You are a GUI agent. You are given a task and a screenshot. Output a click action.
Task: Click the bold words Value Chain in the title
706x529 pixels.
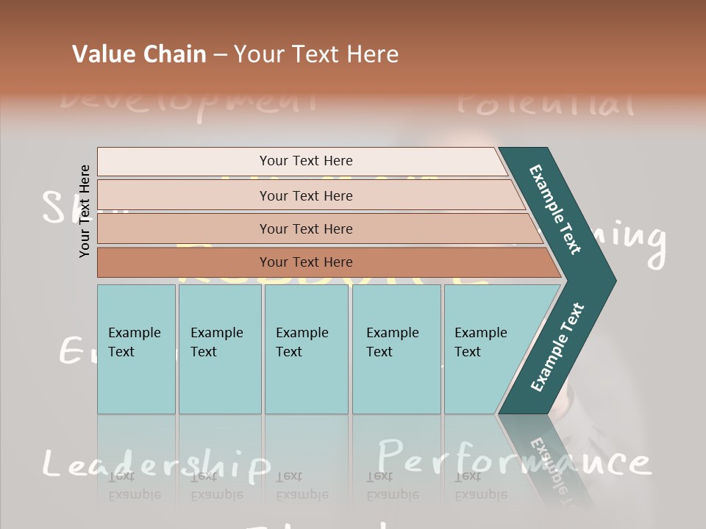[139, 54]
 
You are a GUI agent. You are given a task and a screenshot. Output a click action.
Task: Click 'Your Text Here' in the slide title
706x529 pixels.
[316, 54]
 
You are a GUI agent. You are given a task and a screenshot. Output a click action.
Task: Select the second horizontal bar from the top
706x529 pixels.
[306, 195]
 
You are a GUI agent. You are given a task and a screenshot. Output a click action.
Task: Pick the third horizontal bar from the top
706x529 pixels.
[306, 228]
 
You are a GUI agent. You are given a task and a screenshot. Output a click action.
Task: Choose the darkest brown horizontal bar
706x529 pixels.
[306, 262]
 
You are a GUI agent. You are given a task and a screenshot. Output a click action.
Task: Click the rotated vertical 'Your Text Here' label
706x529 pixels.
[85, 211]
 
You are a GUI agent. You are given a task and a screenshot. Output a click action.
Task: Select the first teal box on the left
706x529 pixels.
[136, 349]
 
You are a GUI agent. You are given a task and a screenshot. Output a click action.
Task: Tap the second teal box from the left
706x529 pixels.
[220, 349]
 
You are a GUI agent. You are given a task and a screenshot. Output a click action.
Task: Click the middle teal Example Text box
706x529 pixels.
[306, 349]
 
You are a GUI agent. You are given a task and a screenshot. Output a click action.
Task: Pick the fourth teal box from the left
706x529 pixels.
[396, 349]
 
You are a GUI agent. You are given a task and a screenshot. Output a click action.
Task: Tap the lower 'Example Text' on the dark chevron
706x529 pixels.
[557, 347]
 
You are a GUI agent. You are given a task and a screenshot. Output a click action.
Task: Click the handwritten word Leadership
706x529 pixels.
[156, 464]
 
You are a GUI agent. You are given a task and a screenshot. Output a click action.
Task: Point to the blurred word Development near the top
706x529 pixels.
[188, 101]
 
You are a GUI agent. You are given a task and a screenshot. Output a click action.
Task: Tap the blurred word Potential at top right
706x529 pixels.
[545, 103]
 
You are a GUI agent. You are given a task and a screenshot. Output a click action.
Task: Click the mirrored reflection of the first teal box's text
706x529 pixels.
[135, 485]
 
